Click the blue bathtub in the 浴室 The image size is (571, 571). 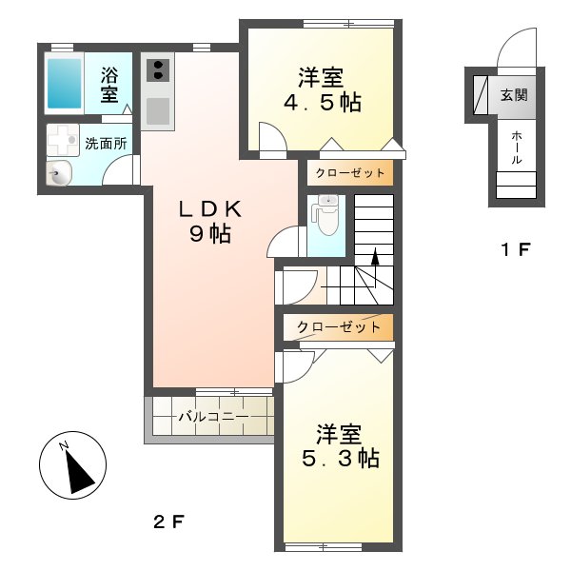(x=64, y=84)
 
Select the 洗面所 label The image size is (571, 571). (x=106, y=144)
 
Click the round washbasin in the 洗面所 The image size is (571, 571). (x=59, y=172)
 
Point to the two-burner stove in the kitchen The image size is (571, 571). (x=158, y=70)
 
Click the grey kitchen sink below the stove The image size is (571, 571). (x=158, y=111)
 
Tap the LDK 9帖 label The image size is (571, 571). (x=210, y=222)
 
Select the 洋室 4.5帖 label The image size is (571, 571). (x=323, y=90)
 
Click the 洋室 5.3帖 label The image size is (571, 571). (x=341, y=445)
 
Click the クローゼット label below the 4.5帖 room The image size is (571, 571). (x=350, y=172)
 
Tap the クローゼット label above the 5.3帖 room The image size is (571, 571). (x=339, y=327)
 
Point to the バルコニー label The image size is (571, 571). (x=213, y=416)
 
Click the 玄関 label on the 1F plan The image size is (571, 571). (x=514, y=95)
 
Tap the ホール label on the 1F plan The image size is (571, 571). (x=517, y=148)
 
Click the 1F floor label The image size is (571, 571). (x=516, y=249)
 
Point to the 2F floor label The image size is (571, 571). (x=168, y=522)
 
